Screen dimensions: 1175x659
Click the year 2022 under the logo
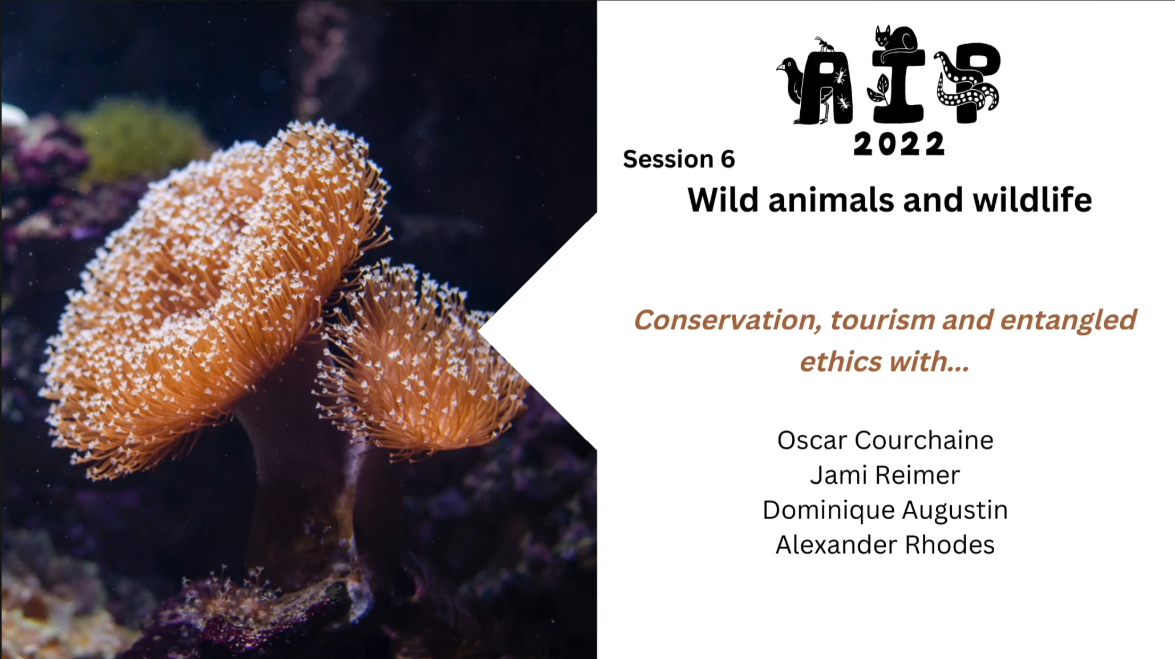[x=899, y=144]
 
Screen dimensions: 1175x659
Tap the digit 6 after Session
[x=728, y=159]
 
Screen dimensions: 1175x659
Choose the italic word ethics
[x=841, y=362]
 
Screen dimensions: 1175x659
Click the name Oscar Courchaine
[x=885, y=441]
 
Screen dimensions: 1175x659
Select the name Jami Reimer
[x=885, y=475]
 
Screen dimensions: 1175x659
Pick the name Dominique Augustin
[x=885, y=510]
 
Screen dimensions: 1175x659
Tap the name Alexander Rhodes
[x=885, y=545]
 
